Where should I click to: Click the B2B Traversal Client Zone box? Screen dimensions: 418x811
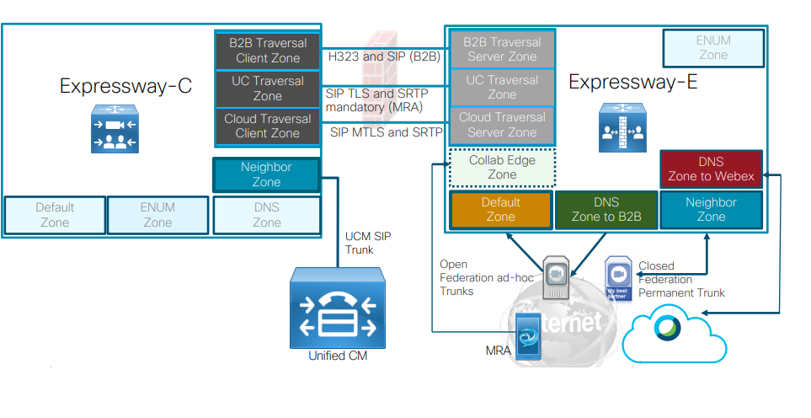pyautogui.click(x=268, y=51)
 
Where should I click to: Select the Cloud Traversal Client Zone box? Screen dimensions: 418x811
pyautogui.click(x=268, y=126)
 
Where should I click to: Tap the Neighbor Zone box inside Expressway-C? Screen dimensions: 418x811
pyautogui.click(x=266, y=174)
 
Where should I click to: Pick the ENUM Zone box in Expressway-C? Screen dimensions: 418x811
pyautogui.click(x=157, y=215)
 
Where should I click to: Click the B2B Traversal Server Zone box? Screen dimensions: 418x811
pyautogui.click(x=502, y=50)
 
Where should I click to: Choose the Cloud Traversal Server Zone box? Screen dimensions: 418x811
pyautogui.click(x=502, y=125)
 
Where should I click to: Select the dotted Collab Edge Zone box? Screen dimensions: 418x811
pyautogui.click(x=502, y=168)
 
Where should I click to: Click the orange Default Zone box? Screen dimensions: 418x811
pyautogui.click(x=500, y=210)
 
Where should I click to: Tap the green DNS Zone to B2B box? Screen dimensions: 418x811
pyautogui.click(x=606, y=210)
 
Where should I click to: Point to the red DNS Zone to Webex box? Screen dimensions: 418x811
pyautogui.click(x=712, y=169)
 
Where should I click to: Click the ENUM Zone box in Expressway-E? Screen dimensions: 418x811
pyautogui.click(x=713, y=48)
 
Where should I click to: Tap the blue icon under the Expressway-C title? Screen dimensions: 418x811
pyautogui.click(x=115, y=130)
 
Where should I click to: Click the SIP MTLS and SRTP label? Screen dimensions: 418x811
pyautogui.click(x=381, y=132)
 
